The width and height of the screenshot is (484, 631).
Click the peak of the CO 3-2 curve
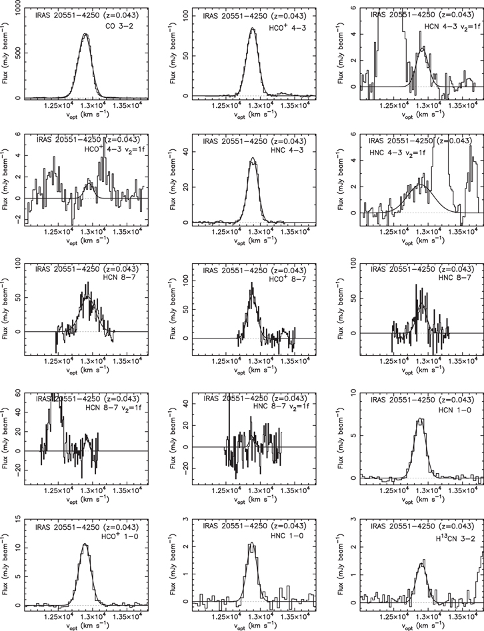85,35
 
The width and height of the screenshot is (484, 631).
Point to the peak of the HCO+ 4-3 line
253,29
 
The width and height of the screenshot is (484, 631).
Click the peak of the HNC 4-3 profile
253,159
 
